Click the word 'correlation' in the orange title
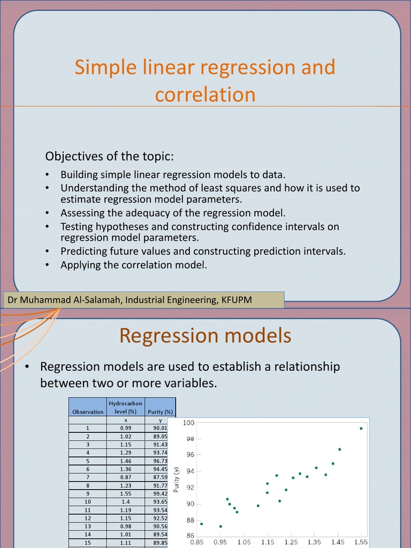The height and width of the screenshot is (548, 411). click(205, 95)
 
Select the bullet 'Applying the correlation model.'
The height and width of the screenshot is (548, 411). click(133, 264)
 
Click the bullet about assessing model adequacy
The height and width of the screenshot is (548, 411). click(173, 212)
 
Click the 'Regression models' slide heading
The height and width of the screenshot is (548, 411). click(205, 336)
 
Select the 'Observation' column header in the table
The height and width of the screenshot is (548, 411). click(88, 412)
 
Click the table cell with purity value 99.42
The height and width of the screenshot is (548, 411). click(160, 493)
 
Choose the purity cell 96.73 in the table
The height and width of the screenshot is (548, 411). click(160, 460)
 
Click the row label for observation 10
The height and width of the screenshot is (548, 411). click(88, 502)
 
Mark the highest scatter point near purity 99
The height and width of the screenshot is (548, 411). click(361, 428)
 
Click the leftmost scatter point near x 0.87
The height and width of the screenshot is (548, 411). click(201, 523)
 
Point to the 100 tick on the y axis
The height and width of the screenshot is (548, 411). click(188, 423)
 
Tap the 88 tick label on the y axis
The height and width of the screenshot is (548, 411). click(189, 520)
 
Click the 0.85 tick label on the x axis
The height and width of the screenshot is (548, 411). click(197, 542)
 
